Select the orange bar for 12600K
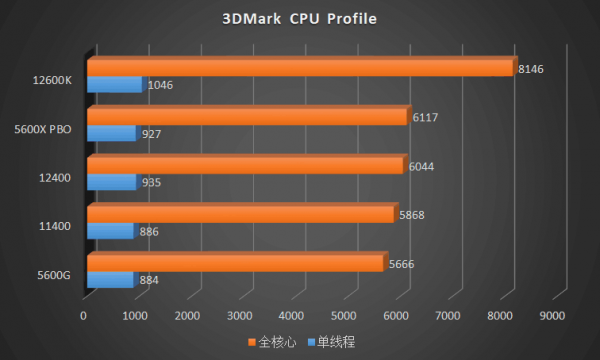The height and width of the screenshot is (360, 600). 300,67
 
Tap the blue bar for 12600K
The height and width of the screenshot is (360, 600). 115,84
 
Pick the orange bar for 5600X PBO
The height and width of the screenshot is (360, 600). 248,116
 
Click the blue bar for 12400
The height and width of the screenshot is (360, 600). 112,181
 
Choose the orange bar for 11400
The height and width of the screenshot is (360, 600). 241,213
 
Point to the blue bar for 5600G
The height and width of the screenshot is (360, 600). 111,279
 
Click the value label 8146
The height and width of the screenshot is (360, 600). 531,68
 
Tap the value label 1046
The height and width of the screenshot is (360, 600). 160,85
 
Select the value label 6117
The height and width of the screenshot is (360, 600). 425,117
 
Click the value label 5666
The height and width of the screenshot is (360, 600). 400,263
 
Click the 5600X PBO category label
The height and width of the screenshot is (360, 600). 43,128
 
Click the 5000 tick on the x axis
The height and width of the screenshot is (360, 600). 343,315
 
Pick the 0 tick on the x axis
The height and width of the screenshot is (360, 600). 84,315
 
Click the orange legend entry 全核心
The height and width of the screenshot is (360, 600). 271,342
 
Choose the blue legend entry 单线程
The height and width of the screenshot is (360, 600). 333,342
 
